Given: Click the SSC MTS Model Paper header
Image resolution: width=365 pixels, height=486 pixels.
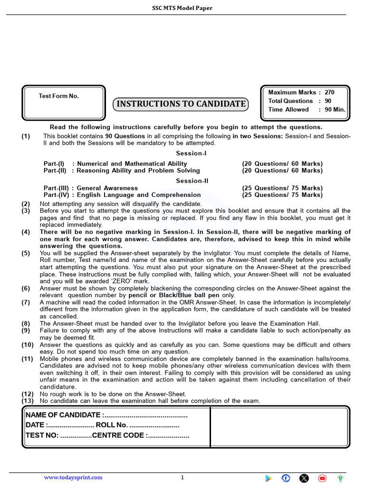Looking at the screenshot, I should [182, 8].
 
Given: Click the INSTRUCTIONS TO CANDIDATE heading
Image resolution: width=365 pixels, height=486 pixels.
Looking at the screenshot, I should [181, 104].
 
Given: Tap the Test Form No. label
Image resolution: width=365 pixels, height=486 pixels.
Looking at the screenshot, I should [58, 96].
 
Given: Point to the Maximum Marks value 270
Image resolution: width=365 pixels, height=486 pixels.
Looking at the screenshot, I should [329, 93].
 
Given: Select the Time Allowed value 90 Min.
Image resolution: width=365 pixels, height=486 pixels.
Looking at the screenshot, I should [335, 110].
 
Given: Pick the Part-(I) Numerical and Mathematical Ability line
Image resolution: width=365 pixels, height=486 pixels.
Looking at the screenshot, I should [115, 164].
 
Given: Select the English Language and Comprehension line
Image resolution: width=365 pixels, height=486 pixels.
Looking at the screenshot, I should [122, 195].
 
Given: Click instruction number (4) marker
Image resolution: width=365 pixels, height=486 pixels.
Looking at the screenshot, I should [26, 232].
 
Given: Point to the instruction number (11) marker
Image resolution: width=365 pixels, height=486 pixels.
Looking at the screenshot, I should [27, 359].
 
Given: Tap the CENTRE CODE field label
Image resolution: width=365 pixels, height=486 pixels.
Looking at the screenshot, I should [119, 435].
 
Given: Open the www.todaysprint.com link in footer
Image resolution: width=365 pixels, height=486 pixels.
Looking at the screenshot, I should [73, 477].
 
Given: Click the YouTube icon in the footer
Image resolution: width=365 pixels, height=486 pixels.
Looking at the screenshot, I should [323, 478].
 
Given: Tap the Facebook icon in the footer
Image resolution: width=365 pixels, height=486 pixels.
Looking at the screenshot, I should [286, 478].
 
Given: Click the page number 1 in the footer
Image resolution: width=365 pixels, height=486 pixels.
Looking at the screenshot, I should [182, 477].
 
